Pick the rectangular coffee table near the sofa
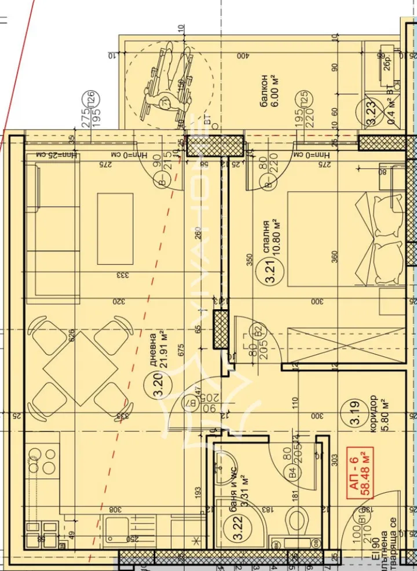point(115,228)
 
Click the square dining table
point(81,368)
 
